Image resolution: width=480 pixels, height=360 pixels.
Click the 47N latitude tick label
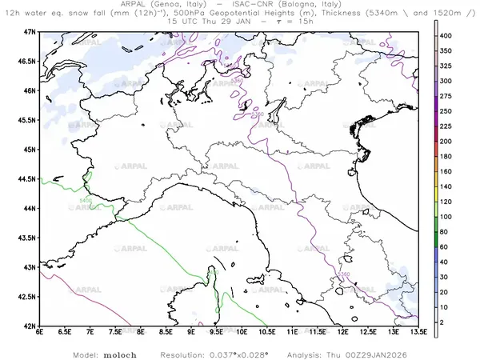tap(30, 31)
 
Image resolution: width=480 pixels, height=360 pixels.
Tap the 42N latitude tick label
tap(30, 326)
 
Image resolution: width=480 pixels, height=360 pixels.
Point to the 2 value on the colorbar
tap(449, 321)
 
